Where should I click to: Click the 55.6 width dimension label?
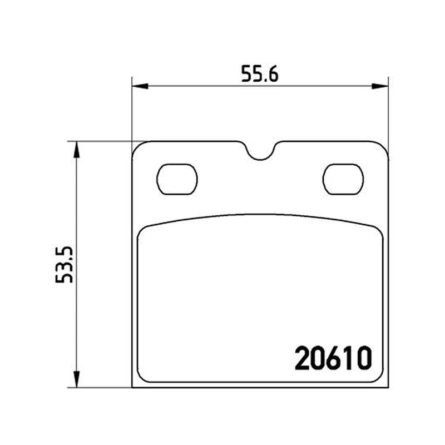pyautogui.click(x=260, y=74)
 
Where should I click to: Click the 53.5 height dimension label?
pyautogui.click(x=64, y=265)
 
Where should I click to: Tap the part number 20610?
pyautogui.click(x=333, y=358)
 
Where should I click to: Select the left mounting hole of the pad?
pyautogui.click(x=177, y=179)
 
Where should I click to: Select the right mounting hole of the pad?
pyautogui.click(x=343, y=179)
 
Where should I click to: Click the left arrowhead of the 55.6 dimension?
pyautogui.click(x=140, y=86)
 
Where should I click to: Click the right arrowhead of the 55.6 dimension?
pyautogui.click(x=380, y=86)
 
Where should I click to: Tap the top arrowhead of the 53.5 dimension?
pyautogui.click(x=76, y=150)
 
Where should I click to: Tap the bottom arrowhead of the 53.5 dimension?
pyautogui.click(x=76, y=379)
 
